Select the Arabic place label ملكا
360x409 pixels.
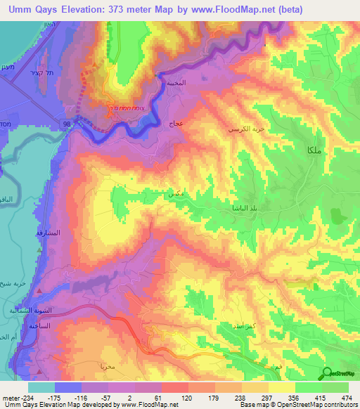click(313, 150)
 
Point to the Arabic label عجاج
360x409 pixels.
click(176, 124)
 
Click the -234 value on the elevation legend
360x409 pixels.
click(15, 398)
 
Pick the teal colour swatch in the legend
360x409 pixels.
click(41, 387)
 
